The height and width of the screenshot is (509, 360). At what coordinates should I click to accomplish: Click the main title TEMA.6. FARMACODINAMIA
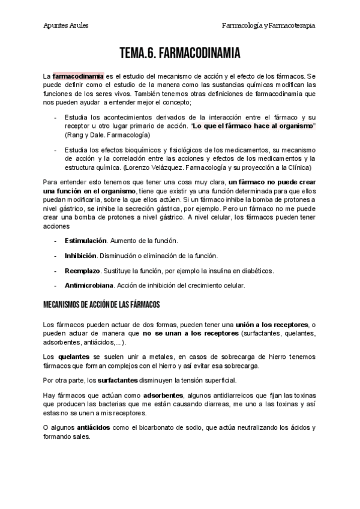(x=180, y=55)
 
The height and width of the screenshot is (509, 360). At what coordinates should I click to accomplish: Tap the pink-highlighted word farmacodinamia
(x=78, y=77)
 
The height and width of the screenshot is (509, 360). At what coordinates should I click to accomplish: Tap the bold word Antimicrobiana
(x=88, y=285)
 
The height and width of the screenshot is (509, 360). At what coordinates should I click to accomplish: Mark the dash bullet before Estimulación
(x=56, y=240)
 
